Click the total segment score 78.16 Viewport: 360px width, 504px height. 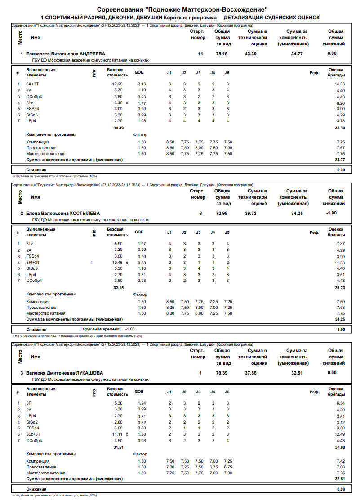coord(222,54)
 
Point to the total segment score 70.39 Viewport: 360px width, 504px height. coord(222,373)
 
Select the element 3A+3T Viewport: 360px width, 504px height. coord(32,84)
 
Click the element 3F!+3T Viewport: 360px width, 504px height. coord(33,263)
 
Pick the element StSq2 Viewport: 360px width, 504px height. coord(32,422)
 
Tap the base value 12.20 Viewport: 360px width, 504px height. coord(117,84)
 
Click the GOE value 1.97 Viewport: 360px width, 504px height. coord(142,244)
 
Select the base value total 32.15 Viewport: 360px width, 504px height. coord(118,287)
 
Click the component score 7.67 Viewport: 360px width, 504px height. coord(340,148)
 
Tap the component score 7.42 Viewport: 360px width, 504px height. coord(340,461)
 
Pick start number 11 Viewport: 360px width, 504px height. coord(200,54)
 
